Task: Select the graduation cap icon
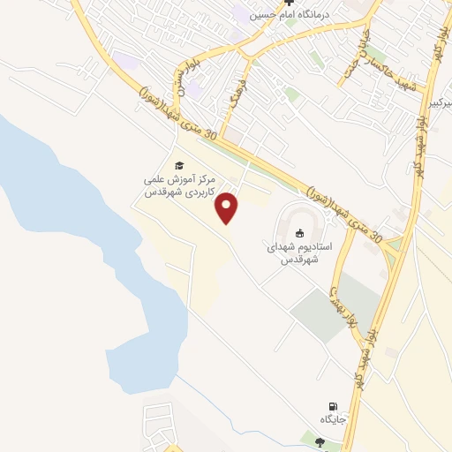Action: (x=178, y=165)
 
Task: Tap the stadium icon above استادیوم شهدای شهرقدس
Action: (x=300, y=234)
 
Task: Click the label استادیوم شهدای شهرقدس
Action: (x=300, y=254)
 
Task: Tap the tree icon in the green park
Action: (x=318, y=442)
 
